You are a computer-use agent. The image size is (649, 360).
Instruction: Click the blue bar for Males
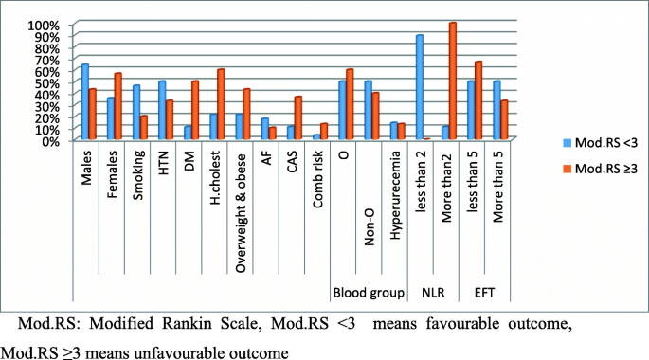tap(85, 102)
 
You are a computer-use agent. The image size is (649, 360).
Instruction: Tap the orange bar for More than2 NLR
tap(453, 81)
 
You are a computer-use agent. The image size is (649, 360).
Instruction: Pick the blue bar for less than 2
tap(419, 87)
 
